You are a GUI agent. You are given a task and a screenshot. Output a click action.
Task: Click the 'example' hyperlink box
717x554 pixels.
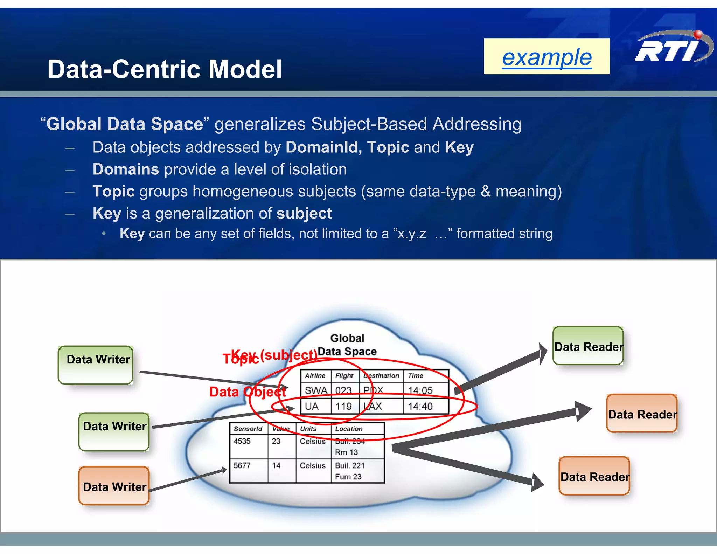(547, 56)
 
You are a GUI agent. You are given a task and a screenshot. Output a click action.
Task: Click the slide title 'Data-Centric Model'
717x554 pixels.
(165, 69)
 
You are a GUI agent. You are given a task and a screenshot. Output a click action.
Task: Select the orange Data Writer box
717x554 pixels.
(114, 486)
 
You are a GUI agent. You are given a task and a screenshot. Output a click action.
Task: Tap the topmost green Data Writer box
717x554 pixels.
(96, 365)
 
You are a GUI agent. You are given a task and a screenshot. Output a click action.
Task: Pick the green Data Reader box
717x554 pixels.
(588, 346)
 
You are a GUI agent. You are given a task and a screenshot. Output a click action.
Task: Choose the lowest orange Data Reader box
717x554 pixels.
(594, 476)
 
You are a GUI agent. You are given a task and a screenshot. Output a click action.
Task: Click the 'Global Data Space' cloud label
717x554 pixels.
(347, 345)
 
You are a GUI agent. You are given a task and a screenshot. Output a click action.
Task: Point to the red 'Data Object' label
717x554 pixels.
(248, 392)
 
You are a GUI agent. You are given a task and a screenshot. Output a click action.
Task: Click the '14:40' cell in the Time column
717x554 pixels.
(420, 407)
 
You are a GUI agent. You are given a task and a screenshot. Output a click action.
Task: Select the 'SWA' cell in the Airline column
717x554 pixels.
(316, 390)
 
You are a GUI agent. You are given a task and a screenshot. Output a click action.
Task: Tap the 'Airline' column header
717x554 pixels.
(315, 376)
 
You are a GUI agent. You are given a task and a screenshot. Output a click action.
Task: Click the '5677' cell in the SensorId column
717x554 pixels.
(242, 466)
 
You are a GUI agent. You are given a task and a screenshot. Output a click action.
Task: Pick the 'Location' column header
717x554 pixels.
(349, 429)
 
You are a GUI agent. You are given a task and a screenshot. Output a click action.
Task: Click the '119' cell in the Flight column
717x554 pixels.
(343, 407)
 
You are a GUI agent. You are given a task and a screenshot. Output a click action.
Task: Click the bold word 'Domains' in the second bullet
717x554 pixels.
(126, 169)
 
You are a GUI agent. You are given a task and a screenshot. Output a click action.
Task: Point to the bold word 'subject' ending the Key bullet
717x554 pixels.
(304, 213)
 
